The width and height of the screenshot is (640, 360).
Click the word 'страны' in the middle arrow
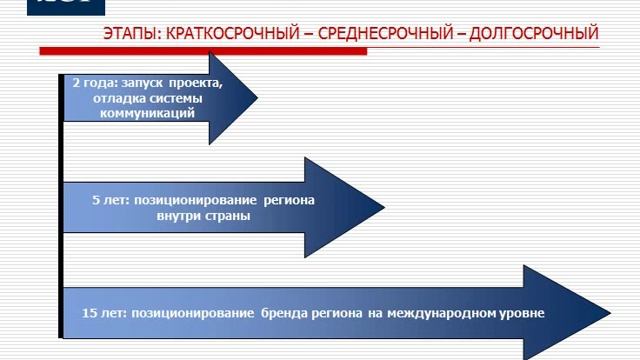231,215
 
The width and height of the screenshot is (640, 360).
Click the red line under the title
320,49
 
